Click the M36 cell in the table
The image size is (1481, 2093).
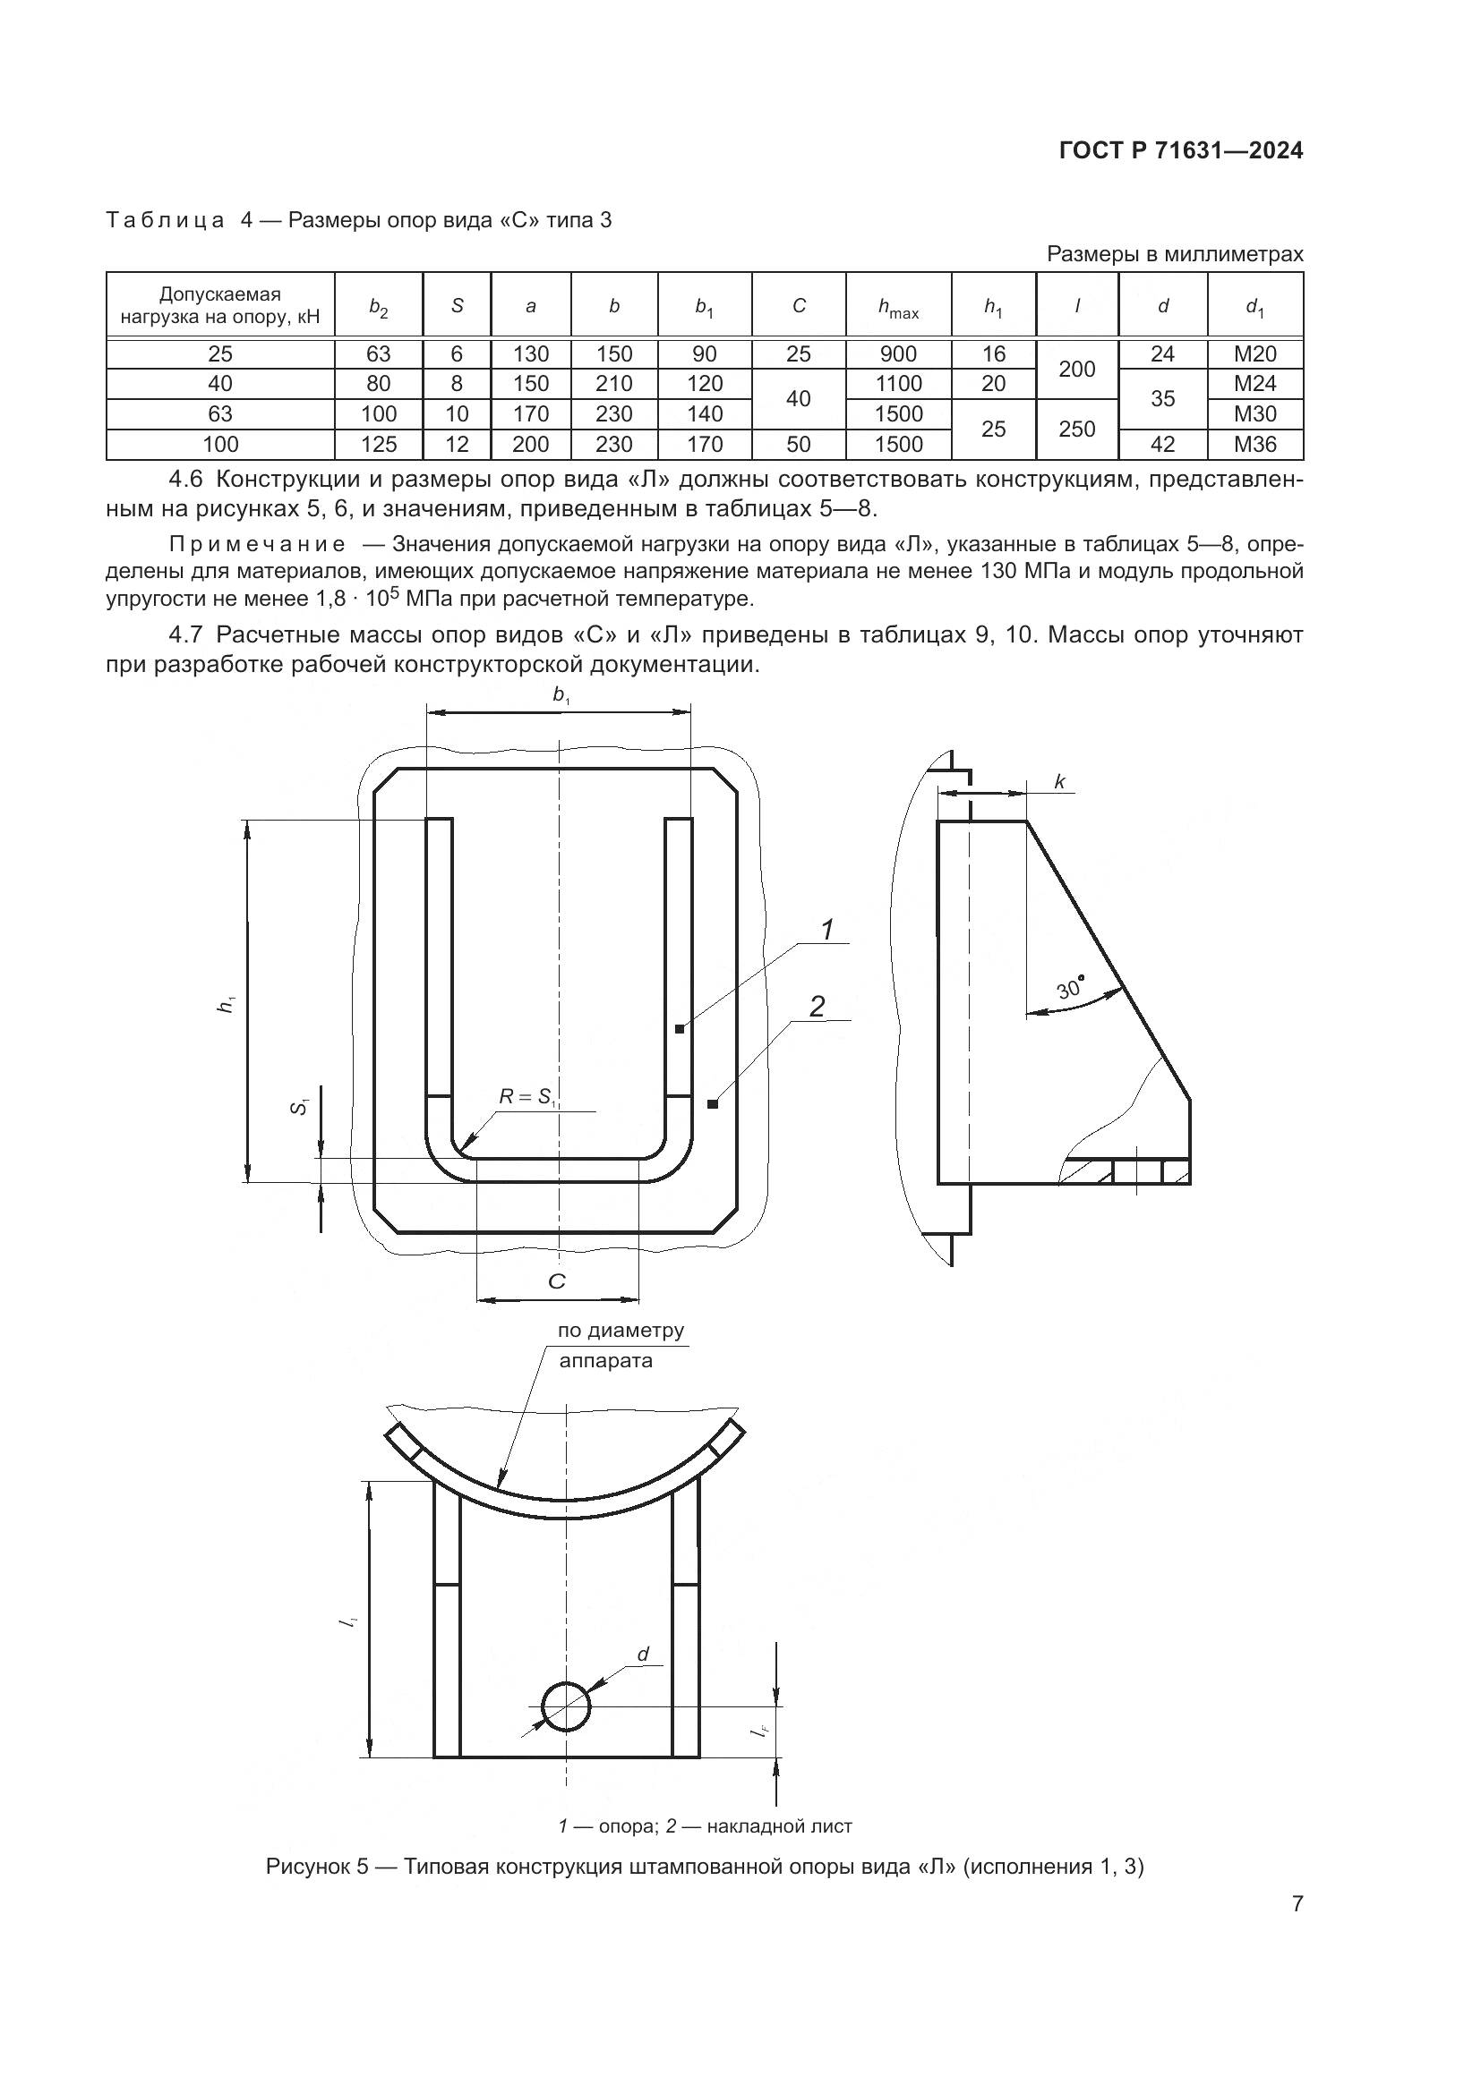[1254, 444]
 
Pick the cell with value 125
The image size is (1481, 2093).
[379, 444]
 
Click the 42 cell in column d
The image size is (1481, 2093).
[1162, 444]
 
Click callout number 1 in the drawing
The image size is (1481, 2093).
[827, 931]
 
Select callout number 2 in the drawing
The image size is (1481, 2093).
[818, 1008]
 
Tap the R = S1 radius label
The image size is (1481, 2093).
[527, 1097]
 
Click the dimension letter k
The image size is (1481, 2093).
[1059, 781]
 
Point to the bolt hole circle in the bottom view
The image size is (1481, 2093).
[566, 1706]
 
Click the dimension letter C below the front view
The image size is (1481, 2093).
[556, 1281]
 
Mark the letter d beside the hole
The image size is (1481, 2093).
[643, 1655]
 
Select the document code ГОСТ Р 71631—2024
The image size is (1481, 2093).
[1181, 151]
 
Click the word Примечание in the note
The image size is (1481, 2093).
[258, 545]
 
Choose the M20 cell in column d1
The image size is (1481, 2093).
[1254, 353]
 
